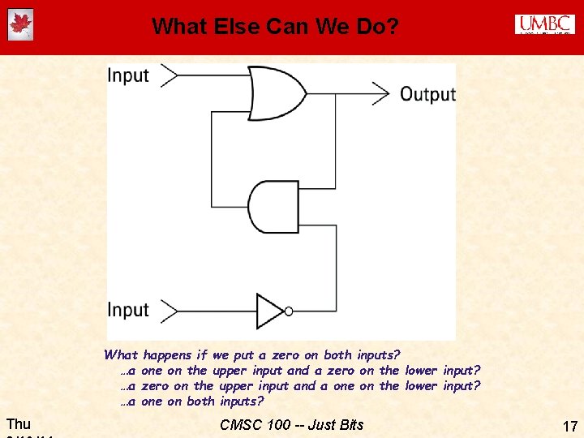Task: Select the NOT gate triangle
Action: click(x=270, y=310)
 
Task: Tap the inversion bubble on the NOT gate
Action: click(x=289, y=311)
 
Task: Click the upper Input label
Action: click(x=128, y=76)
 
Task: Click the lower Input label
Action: click(x=128, y=311)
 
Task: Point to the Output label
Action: click(x=427, y=94)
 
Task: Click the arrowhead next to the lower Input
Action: click(x=169, y=310)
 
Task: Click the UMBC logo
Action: click(x=544, y=24)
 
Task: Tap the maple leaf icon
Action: click(x=19, y=25)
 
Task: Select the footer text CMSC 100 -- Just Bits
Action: click(x=292, y=424)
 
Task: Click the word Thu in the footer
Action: click(x=18, y=423)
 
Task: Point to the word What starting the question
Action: click(x=121, y=354)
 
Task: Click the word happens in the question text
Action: click(x=167, y=354)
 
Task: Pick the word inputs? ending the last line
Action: click(x=242, y=401)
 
